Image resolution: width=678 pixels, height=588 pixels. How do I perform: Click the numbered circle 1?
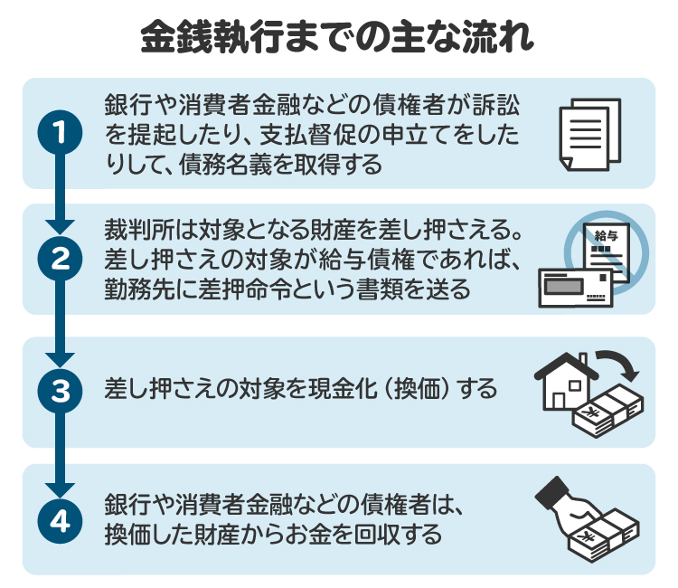tap(61, 133)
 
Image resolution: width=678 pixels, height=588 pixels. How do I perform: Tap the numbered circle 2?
tap(61, 260)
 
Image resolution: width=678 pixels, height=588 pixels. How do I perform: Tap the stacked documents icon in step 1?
tap(589, 133)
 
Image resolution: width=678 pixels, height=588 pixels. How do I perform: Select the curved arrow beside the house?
tap(619, 364)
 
